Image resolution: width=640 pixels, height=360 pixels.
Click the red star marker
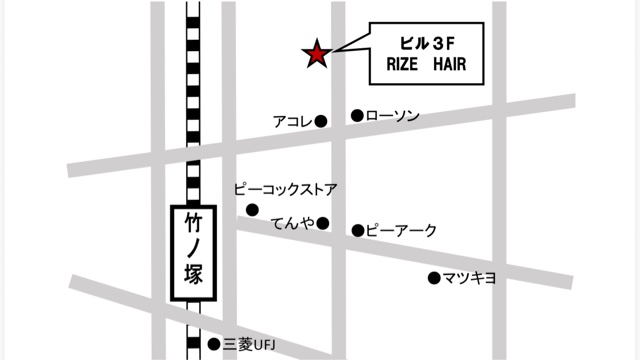click(x=317, y=54)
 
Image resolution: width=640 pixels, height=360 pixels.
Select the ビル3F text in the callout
click(x=427, y=44)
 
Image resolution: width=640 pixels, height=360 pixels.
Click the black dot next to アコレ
click(x=321, y=122)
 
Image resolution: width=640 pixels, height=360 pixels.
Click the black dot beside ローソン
click(x=356, y=116)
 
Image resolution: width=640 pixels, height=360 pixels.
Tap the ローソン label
click(x=392, y=116)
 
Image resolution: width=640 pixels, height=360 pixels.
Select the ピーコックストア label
click(x=285, y=188)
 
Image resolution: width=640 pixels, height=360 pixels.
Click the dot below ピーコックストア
click(x=252, y=209)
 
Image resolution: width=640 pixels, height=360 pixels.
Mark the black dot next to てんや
click(x=323, y=223)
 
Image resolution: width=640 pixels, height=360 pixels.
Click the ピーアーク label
click(x=401, y=231)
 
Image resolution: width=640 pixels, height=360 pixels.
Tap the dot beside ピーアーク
click(x=357, y=231)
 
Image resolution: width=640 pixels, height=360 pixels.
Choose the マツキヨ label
click(x=469, y=278)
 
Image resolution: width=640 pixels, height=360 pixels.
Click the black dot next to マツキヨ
click(x=434, y=278)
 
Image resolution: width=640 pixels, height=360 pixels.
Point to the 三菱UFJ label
click(x=248, y=344)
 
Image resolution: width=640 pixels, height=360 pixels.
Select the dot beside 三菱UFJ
click(x=213, y=344)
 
